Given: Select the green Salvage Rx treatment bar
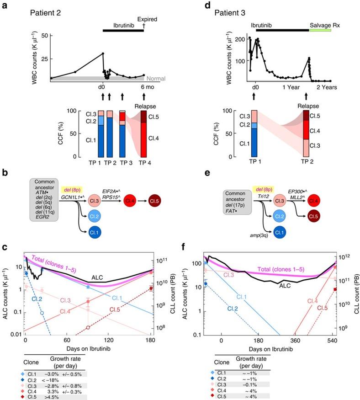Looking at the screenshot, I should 323,30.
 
